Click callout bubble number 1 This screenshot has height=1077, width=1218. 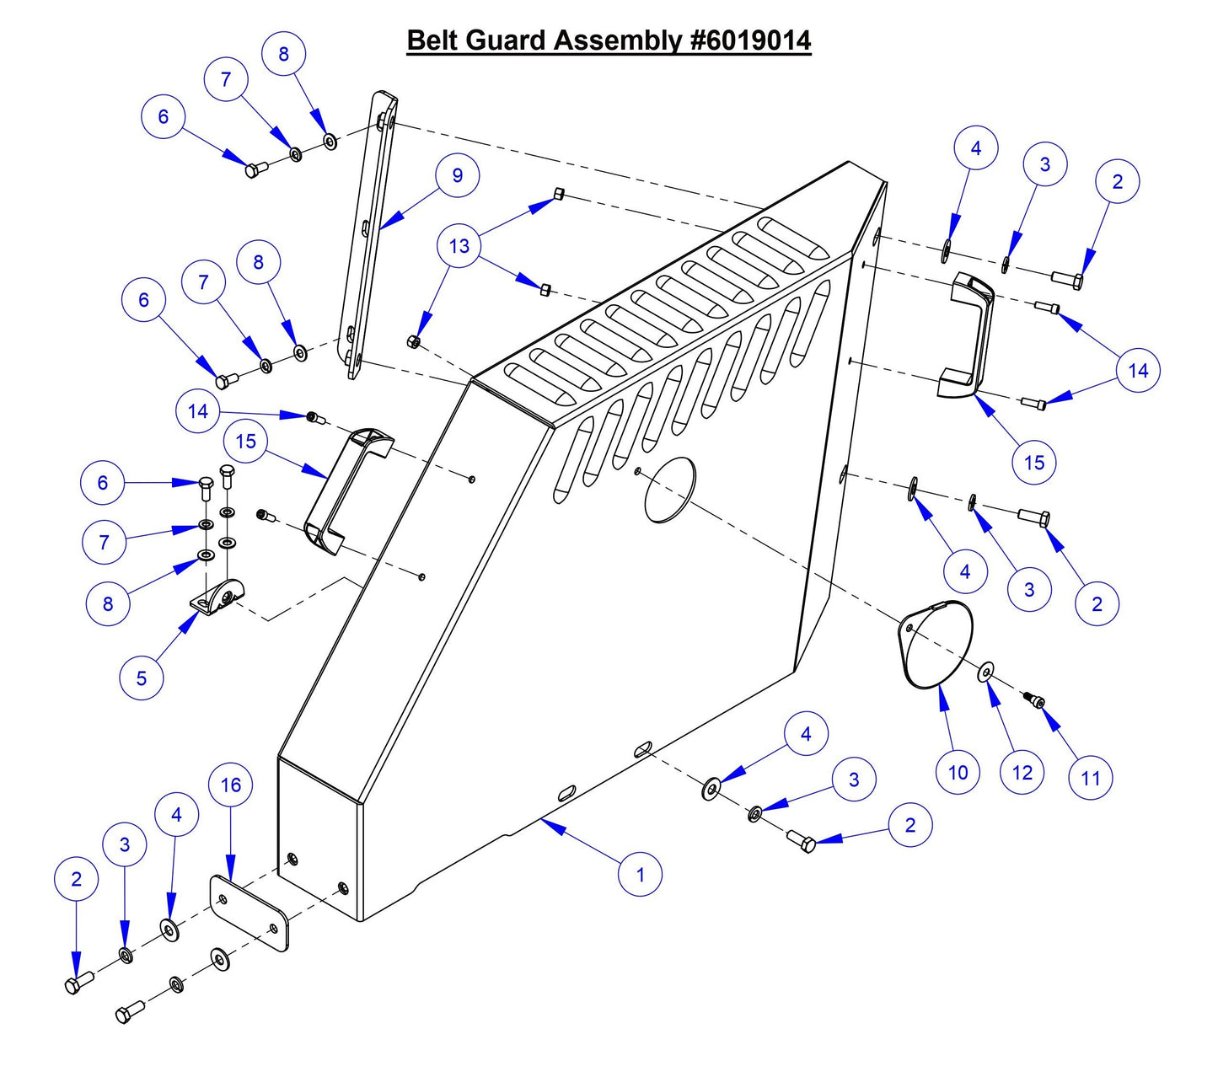640,875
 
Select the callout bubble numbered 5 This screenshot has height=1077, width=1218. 141,678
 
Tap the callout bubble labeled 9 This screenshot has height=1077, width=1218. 458,175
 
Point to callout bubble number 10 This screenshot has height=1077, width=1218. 958,772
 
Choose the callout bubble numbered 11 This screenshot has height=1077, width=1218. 1091,777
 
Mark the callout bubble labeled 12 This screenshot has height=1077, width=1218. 1022,772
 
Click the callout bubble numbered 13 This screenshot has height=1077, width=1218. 459,246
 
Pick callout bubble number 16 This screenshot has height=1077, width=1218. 231,785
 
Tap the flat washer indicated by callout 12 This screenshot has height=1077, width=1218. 985,673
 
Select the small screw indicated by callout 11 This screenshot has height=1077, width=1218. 1034,700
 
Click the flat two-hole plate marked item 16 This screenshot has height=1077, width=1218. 249,914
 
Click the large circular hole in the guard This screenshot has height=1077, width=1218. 670,490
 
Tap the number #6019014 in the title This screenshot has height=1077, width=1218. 750,40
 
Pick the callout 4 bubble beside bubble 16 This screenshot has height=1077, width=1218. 176,815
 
